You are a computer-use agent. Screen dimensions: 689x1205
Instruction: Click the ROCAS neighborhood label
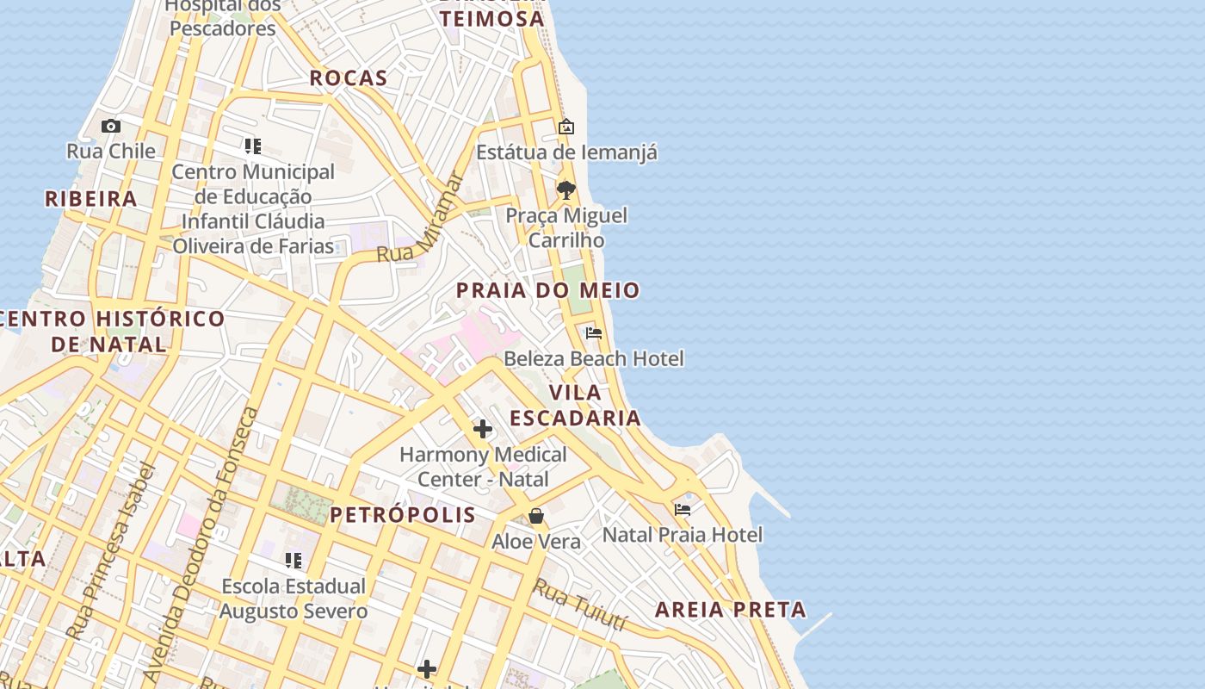coord(349,78)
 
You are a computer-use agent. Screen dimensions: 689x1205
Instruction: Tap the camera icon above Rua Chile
coord(110,127)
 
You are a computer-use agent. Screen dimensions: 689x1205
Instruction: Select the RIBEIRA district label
coord(91,199)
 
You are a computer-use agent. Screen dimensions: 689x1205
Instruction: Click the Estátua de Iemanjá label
coord(566,152)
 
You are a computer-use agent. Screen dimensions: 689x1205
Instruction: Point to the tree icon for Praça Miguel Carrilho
coord(565,189)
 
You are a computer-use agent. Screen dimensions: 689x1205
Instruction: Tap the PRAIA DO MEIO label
coord(547,290)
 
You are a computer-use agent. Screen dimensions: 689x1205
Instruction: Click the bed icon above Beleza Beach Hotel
coord(593,332)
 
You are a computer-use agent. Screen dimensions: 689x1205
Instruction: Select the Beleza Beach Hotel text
coord(594,358)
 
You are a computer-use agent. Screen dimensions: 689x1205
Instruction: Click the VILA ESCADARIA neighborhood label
coord(575,405)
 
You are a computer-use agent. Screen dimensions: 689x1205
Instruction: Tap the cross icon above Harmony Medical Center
coord(483,428)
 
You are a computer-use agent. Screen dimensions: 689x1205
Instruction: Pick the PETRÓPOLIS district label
coord(403,515)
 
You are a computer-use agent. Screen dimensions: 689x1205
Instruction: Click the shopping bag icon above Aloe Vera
coord(536,516)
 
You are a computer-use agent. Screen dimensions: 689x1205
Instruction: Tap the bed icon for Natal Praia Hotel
coord(683,509)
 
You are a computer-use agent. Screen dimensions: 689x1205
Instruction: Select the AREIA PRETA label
coord(731,610)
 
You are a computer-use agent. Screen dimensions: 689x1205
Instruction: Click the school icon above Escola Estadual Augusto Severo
coord(294,561)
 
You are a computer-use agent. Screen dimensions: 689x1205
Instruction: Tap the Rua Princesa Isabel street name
coord(112,551)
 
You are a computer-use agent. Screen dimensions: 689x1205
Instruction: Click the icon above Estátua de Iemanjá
coord(565,127)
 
